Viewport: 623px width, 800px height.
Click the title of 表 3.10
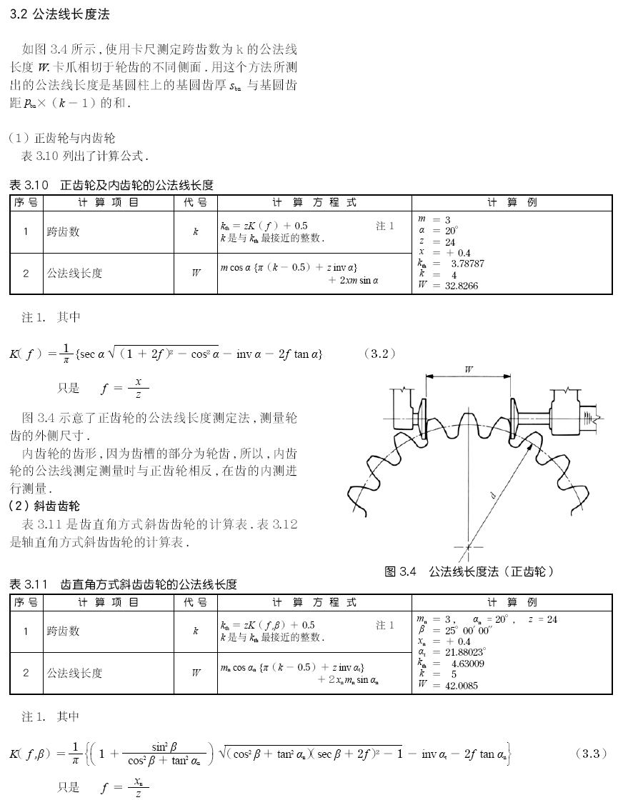click(111, 185)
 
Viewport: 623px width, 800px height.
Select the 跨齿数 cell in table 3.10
click(64, 232)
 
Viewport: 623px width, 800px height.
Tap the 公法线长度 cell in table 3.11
click(74, 673)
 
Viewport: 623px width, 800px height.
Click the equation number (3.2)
click(379, 353)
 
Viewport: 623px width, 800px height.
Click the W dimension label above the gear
click(469, 370)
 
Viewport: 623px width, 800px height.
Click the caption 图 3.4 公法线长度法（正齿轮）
click(469, 571)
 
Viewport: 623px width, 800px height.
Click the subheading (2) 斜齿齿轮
click(44, 506)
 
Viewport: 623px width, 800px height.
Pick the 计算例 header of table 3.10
click(512, 203)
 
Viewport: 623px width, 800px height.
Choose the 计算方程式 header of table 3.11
click(314, 602)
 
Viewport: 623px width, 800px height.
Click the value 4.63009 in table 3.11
click(467, 664)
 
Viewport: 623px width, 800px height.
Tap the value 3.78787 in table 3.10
click(467, 264)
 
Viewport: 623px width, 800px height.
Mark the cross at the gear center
click(469, 548)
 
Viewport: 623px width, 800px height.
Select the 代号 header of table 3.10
click(195, 203)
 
